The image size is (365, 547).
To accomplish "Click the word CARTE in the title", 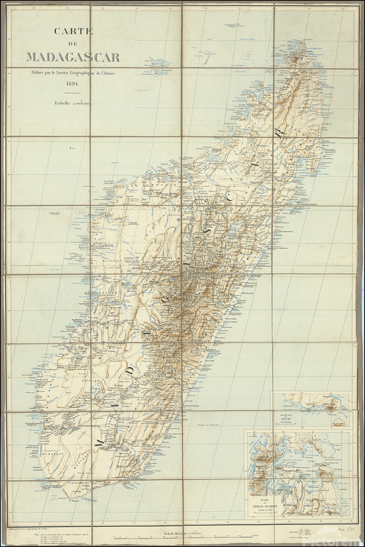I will (x=72, y=31).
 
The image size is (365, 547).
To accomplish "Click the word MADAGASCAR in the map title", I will (x=72, y=58).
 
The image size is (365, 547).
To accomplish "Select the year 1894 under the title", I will (x=72, y=83).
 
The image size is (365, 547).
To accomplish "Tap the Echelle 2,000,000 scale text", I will (x=72, y=103).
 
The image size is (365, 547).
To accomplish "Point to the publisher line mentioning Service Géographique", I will (x=72, y=73).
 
